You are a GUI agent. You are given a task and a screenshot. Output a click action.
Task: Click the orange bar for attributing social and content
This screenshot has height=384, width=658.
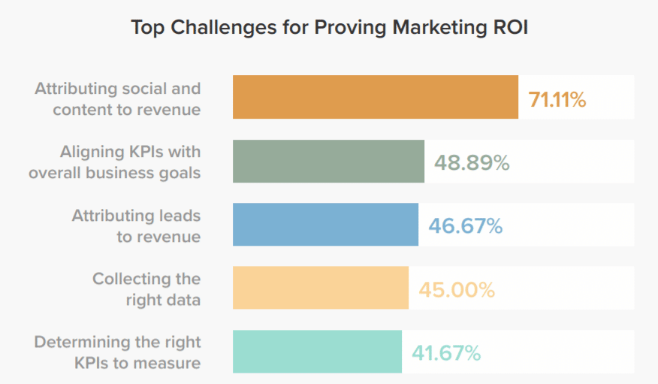[375, 97]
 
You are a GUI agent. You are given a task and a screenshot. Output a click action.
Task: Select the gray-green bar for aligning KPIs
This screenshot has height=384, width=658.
[328, 161]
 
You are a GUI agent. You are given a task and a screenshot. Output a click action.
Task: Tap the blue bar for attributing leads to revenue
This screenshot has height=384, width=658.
[325, 225]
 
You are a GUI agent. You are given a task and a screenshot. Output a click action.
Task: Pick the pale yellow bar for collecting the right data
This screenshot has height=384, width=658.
[320, 288]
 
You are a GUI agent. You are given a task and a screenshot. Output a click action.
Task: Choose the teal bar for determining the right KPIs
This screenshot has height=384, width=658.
[317, 352]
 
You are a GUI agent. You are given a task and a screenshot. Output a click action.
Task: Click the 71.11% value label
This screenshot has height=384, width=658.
[557, 98]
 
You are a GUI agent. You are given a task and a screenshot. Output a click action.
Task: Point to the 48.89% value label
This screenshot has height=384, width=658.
[472, 162]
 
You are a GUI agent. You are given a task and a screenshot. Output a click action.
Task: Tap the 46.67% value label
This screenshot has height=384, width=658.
[465, 225]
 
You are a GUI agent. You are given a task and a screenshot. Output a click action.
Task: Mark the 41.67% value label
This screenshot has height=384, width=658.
[445, 352]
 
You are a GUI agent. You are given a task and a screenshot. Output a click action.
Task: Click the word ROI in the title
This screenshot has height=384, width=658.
[511, 28]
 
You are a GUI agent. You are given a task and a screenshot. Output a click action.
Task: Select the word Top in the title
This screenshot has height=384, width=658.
[147, 28]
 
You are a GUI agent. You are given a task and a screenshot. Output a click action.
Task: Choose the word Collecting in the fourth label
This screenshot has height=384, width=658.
[131, 279]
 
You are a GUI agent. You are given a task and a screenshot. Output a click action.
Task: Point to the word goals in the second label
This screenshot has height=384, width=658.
[179, 173]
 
